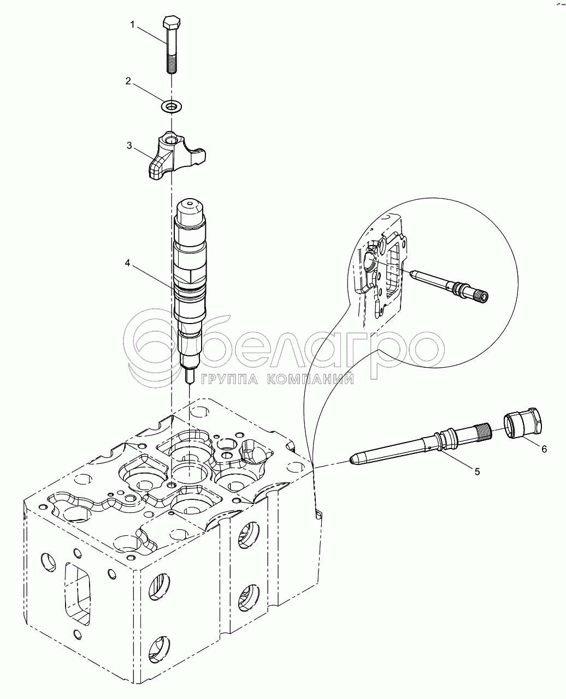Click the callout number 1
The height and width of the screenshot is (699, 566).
(132, 25)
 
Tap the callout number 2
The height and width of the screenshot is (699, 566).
(128, 81)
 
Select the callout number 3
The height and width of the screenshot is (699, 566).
(129, 145)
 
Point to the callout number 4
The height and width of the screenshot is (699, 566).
(128, 263)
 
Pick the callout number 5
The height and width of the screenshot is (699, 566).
(477, 471)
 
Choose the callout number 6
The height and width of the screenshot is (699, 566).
(544, 449)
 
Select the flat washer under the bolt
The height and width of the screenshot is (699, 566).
(172, 106)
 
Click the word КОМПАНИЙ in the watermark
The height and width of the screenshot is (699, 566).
(310, 380)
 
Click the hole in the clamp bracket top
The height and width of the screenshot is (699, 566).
(171, 141)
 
